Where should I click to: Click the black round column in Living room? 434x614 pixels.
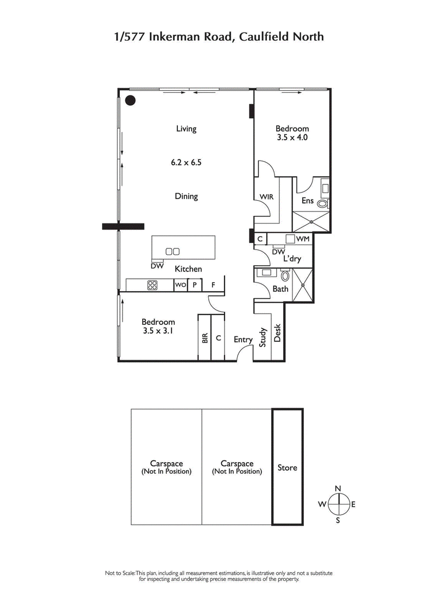click(x=130, y=100)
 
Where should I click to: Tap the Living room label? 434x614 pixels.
click(x=186, y=129)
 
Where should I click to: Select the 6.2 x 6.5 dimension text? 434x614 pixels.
click(x=186, y=162)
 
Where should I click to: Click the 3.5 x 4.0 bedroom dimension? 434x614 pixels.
click(x=292, y=138)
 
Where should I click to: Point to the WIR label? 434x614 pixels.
click(x=266, y=196)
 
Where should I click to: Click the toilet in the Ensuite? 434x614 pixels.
click(x=323, y=204)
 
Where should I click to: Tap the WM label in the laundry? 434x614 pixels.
click(x=303, y=239)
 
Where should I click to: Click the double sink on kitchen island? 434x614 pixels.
click(x=173, y=251)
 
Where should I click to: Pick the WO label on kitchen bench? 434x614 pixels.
click(x=180, y=285)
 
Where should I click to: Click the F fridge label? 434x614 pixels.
click(x=213, y=285)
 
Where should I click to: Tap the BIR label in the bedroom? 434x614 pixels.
click(x=205, y=338)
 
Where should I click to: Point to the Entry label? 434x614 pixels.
click(x=243, y=340)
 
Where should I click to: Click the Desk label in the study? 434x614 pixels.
click(x=277, y=332)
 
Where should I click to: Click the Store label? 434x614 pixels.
click(x=287, y=467)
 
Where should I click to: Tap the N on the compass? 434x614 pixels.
click(x=337, y=489)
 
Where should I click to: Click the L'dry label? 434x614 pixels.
click(x=292, y=259)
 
